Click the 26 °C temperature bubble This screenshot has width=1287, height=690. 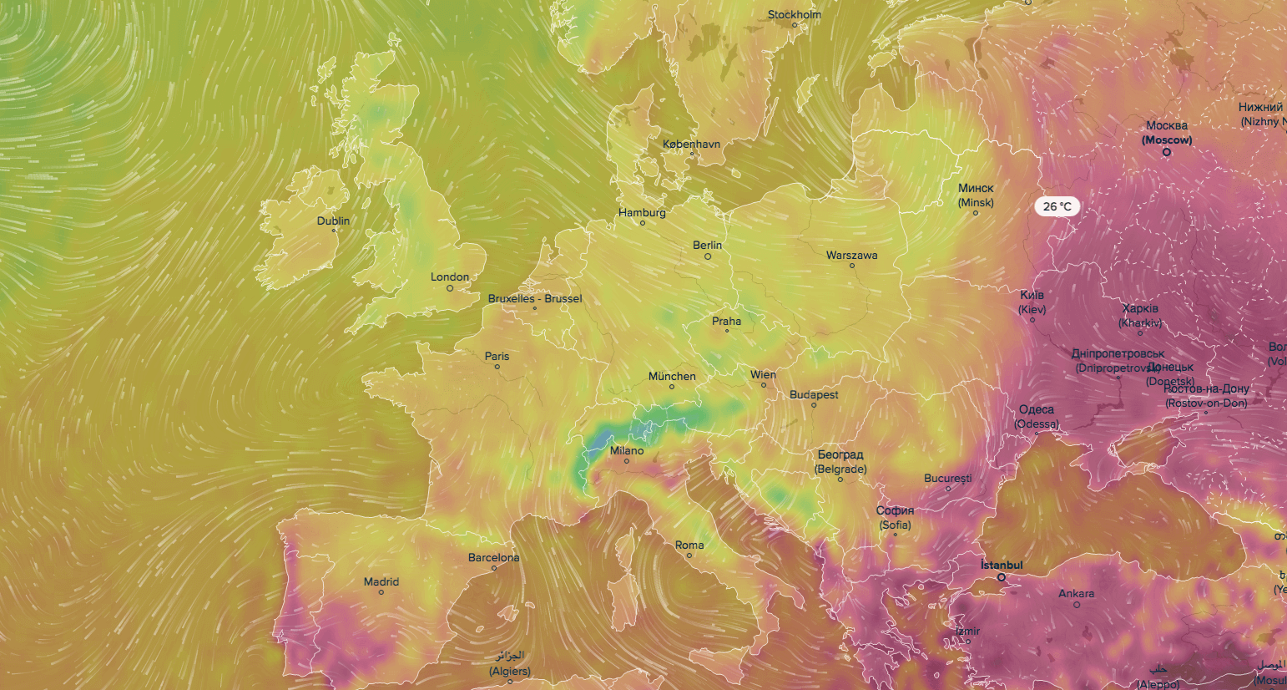[1057, 206]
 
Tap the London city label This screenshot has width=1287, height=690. [450, 277]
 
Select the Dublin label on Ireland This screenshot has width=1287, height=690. [333, 221]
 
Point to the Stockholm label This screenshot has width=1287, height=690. [794, 14]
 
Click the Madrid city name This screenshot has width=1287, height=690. [381, 581]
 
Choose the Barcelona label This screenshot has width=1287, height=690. [493, 557]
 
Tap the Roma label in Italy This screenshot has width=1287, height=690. [689, 545]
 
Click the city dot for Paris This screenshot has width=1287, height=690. [497, 367]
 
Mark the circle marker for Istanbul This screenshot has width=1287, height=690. [1002, 577]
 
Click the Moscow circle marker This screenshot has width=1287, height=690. [1167, 152]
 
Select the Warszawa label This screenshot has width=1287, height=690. [851, 255]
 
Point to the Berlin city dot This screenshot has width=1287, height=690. [708, 256]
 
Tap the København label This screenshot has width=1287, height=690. [691, 144]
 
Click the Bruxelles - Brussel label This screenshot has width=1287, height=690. [535, 298]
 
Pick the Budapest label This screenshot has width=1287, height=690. [814, 394]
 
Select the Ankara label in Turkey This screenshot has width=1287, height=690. [1076, 593]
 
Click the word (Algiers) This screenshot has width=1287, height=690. [510, 671]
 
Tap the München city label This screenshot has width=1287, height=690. [672, 376]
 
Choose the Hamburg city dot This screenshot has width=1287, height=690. [643, 223]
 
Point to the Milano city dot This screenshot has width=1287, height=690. [627, 461]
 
